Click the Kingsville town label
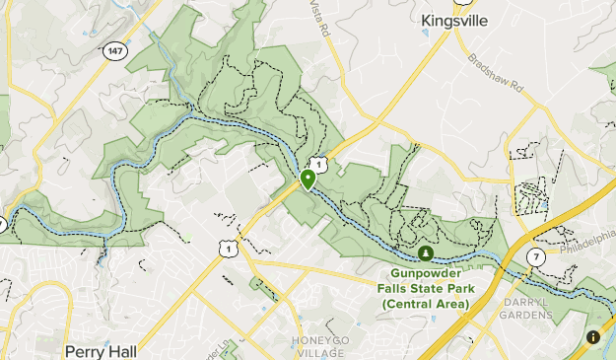(454, 20)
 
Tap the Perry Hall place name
(99, 350)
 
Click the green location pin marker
(308, 179)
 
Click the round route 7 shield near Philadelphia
(535, 256)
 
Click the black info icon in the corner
(593, 337)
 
